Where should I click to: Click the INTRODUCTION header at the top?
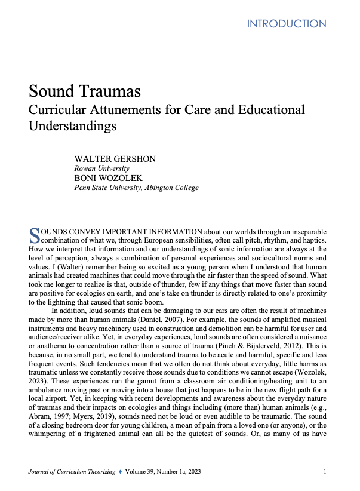[287, 24]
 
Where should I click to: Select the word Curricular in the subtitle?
[57, 110]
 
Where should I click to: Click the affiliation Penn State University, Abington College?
[136, 188]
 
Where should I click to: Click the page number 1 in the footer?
[325, 472]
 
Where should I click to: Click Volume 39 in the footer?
[157, 472]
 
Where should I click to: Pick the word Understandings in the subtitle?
[72, 127]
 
